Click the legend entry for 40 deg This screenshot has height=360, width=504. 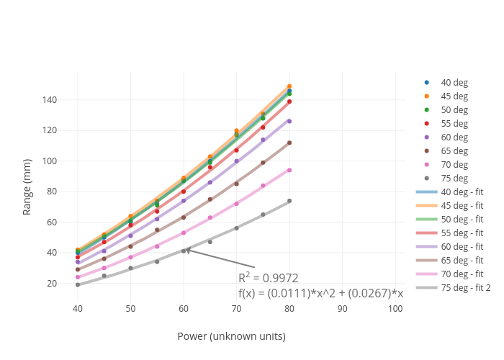click(454, 82)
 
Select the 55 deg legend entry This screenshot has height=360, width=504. click(454, 123)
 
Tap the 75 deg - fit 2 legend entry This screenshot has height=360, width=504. click(465, 287)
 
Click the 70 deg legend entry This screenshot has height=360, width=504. click(454, 164)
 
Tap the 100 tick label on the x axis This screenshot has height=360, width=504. click(395, 308)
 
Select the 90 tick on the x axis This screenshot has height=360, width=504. click(343, 308)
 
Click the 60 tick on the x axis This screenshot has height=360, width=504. click(184, 308)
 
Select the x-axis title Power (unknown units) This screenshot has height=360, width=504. click(231, 336)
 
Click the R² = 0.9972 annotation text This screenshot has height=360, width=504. click(268, 278)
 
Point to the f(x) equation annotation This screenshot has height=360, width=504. click(320, 293)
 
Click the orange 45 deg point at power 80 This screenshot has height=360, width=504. click(289, 86)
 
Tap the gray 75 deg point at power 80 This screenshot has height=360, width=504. click(289, 201)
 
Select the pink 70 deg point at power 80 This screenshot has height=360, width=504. click(289, 170)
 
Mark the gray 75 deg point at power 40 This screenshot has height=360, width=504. click(78, 284)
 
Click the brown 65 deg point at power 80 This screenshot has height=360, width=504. click(289, 143)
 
